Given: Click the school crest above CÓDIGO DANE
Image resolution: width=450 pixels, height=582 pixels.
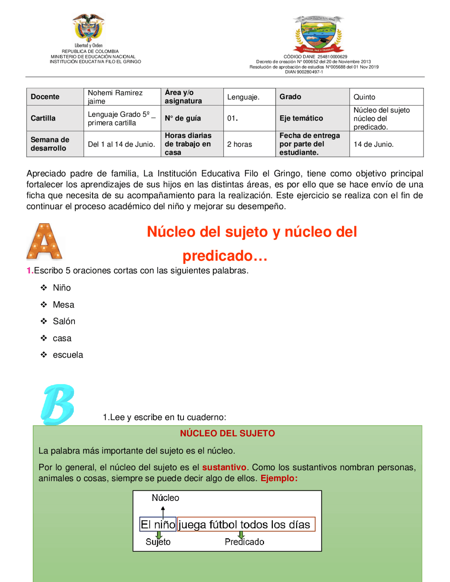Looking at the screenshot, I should [x=319, y=34].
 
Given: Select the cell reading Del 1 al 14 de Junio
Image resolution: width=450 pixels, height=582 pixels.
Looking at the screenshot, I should [x=121, y=144].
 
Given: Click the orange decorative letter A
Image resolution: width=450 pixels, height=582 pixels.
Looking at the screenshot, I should [x=44, y=242].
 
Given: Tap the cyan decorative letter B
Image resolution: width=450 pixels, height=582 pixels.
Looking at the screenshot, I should [x=58, y=404].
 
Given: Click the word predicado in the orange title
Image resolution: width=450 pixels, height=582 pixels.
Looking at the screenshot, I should [x=218, y=256].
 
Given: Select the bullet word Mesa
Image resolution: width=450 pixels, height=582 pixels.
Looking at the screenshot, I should [x=63, y=305].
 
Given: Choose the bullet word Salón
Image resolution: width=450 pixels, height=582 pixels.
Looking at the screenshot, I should [x=64, y=321].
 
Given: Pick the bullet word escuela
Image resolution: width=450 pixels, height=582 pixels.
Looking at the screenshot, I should [x=68, y=355].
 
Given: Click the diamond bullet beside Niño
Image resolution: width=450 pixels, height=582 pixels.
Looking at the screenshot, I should [x=44, y=288].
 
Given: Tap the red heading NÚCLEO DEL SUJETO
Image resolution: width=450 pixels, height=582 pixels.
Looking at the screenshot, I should [x=227, y=433].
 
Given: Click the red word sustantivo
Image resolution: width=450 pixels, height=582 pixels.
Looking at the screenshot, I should [x=224, y=467].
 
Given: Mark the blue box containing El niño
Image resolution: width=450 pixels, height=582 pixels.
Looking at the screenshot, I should [x=158, y=524].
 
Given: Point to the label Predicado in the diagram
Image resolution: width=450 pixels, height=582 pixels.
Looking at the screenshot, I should [x=244, y=542].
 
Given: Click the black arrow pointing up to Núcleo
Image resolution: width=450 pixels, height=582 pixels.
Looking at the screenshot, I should [x=163, y=511].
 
